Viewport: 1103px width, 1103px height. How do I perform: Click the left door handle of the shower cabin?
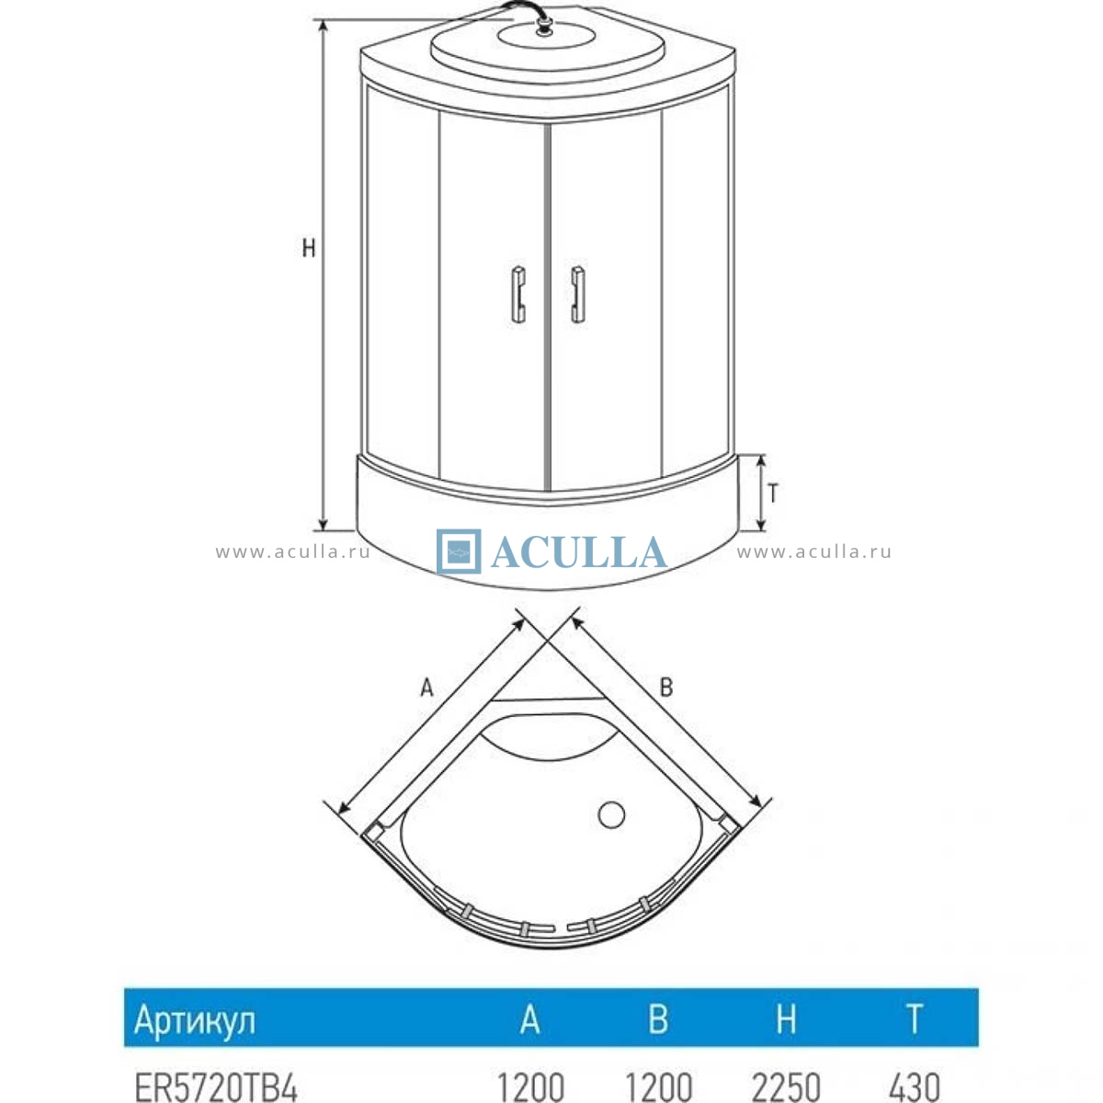[x=518, y=294]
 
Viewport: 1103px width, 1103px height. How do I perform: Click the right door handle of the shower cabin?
[x=577, y=294]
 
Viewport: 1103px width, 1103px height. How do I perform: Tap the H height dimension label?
[x=309, y=248]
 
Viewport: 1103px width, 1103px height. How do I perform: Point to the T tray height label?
[x=773, y=493]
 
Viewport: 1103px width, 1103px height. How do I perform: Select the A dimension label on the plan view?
[x=427, y=688]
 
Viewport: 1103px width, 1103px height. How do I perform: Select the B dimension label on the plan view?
[x=665, y=687]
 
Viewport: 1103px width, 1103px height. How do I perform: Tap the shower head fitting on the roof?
[x=543, y=25]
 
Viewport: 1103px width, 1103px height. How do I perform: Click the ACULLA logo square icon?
[x=459, y=551]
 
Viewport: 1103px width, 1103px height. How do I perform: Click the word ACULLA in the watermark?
[x=579, y=552]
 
